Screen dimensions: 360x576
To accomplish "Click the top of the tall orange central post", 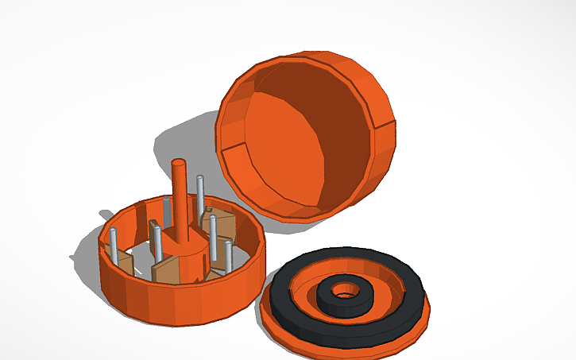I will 180,164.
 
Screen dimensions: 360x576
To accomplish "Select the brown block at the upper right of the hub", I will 220,225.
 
